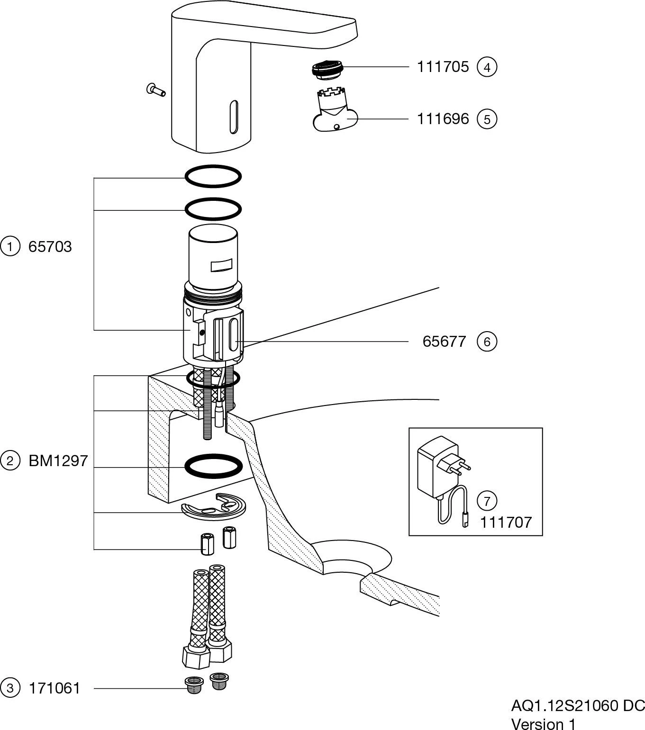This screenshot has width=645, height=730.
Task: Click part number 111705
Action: click(x=442, y=67)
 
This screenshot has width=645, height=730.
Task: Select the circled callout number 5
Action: click(x=487, y=118)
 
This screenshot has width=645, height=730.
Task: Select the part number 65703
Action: click(x=50, y=247)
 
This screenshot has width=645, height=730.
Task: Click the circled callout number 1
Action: click(x=10, y=247)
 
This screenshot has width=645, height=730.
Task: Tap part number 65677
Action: click(x=444, y=342)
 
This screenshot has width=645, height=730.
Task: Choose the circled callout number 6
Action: click(x=487, y=342)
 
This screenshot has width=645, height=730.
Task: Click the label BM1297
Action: click(x=58, y=460)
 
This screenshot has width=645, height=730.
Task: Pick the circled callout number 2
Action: click(x=10, y=460)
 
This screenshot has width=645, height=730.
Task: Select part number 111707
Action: click(x=506, y=523)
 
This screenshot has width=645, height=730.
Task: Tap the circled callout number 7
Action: click(x=487, y=501)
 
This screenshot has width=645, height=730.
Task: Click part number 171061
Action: click(x=55, y=688)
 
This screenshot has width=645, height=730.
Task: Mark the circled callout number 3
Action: click(x=10, y=688)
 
